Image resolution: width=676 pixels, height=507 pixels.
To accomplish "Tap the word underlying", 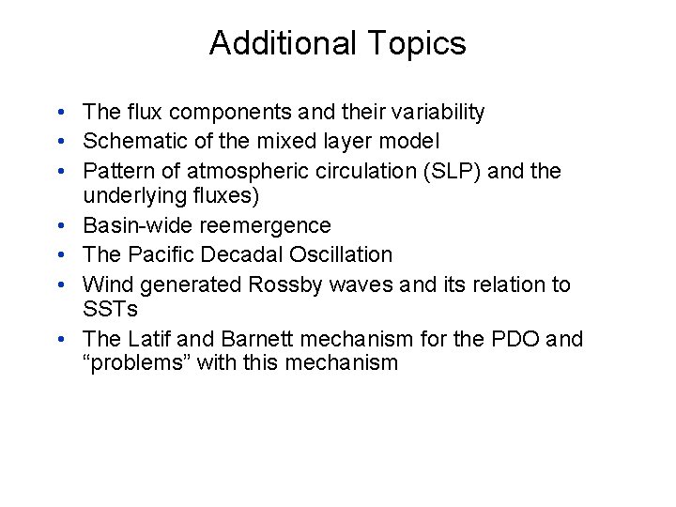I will coord(134,195).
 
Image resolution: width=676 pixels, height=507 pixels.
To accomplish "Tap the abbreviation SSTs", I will coord(111,309).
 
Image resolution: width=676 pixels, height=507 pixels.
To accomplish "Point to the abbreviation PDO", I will coord(508,339).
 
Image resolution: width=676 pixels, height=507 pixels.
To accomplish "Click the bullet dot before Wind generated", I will coord(60,284).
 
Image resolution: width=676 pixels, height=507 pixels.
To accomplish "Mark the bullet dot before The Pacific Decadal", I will coord(60,254).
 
